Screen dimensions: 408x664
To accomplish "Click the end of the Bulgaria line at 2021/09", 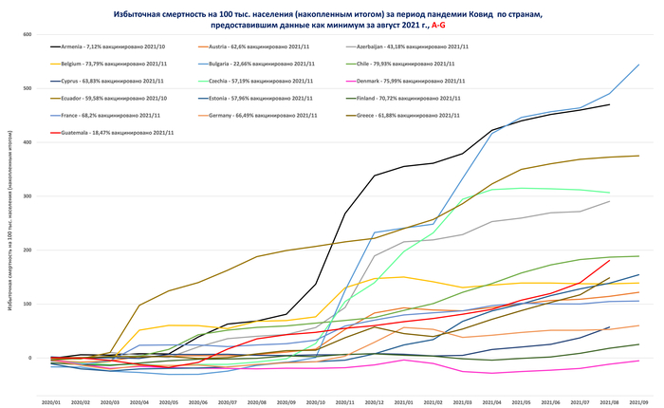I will tap(638, 65).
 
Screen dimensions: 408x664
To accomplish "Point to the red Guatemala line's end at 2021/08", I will tap(609, 260).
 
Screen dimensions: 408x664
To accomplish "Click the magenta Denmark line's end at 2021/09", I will tap(638, 361).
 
